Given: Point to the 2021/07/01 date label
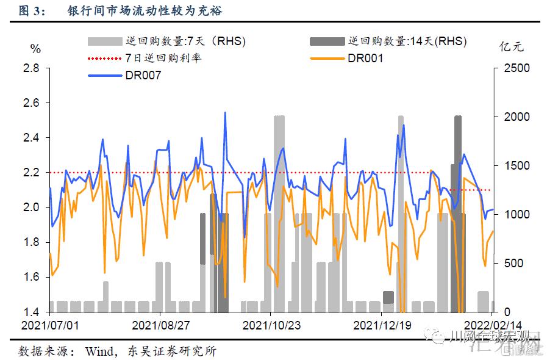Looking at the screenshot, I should (x=50, y=325).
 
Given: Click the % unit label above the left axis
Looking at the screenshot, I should (x=35, y=49).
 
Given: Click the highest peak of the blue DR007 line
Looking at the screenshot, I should (x=225, y=113).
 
